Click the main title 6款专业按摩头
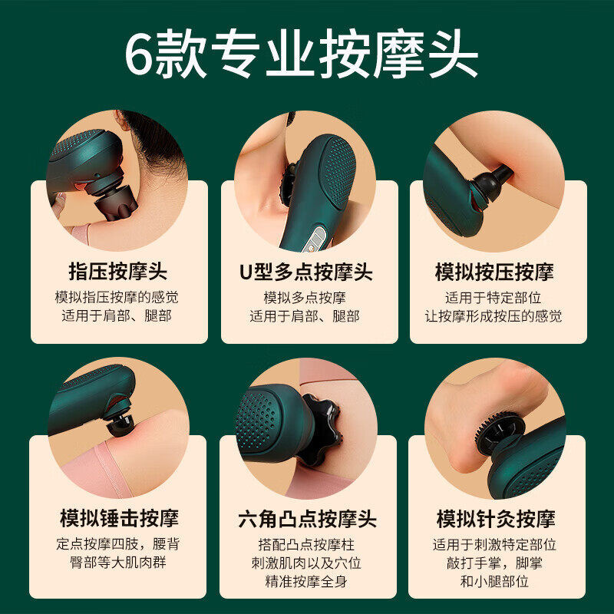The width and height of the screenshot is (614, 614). tap(302, 54)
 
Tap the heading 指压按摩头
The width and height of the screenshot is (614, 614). tap(118, 272)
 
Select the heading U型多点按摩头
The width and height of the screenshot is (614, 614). tap(305, 272)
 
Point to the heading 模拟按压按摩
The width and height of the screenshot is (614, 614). tap(494, 272)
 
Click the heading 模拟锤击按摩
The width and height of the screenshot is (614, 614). tap(119, 519)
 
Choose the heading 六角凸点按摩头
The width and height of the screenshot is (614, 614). tap(308, 519)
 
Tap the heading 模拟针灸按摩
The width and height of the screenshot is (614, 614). tap(496, 519)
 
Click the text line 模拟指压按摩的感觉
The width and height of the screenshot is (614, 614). tap(117, 297)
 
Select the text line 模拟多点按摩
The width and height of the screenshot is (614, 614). tap(305, 298)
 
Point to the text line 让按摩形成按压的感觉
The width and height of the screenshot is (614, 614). tap(494, 316)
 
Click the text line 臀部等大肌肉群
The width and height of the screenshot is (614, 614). tap(118, 563)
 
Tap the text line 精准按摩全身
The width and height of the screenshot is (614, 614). tap(306, 581)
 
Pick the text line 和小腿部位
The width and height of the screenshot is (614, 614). tap(494, 581)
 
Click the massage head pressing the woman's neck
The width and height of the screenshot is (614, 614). tap(115, 203)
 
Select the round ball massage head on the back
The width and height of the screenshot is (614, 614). tap(121, 424)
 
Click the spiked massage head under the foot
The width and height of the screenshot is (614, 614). tap(500, 432)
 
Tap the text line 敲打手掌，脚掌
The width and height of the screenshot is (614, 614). tap(494, 563)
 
